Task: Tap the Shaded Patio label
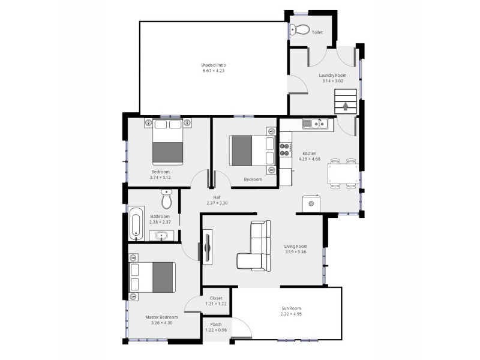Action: (x=213, y=65)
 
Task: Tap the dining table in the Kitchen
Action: (x=343, y=175)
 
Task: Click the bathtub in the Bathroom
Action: (x=136, y=224)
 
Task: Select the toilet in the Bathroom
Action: (x=167, y=197)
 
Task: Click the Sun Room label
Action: (x=291, y=308)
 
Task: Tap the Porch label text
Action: (x=215, y=325)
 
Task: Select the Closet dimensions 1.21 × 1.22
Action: (x=215, y=304)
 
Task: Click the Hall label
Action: (x=217, y=197)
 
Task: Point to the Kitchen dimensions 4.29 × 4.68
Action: (x=310, y=159)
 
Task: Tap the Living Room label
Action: (x=296, y=246)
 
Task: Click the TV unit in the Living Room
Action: (x=208, y=247)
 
